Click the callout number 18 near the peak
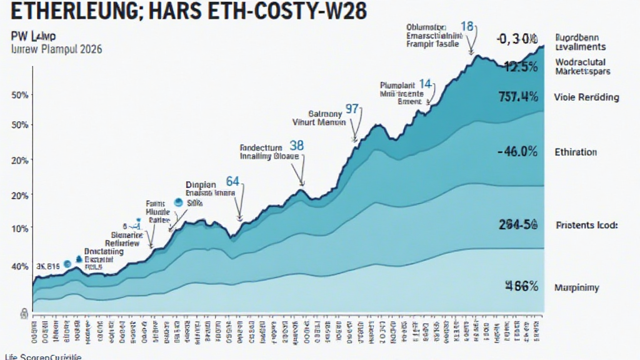pos(466,26)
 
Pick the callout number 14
pos(426,83)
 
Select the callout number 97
pos(352,109)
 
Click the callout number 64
pos(232,182)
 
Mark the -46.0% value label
pos(518,151)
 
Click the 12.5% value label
pos(521,67)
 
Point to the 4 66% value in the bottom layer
pos(521,287)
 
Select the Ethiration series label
pos(575,152)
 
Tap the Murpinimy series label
pos(576,287)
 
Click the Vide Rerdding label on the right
pos(586,97)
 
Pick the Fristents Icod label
pos(586,225)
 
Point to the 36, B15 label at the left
pos(39,266)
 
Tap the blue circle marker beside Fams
pos(177,202)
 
